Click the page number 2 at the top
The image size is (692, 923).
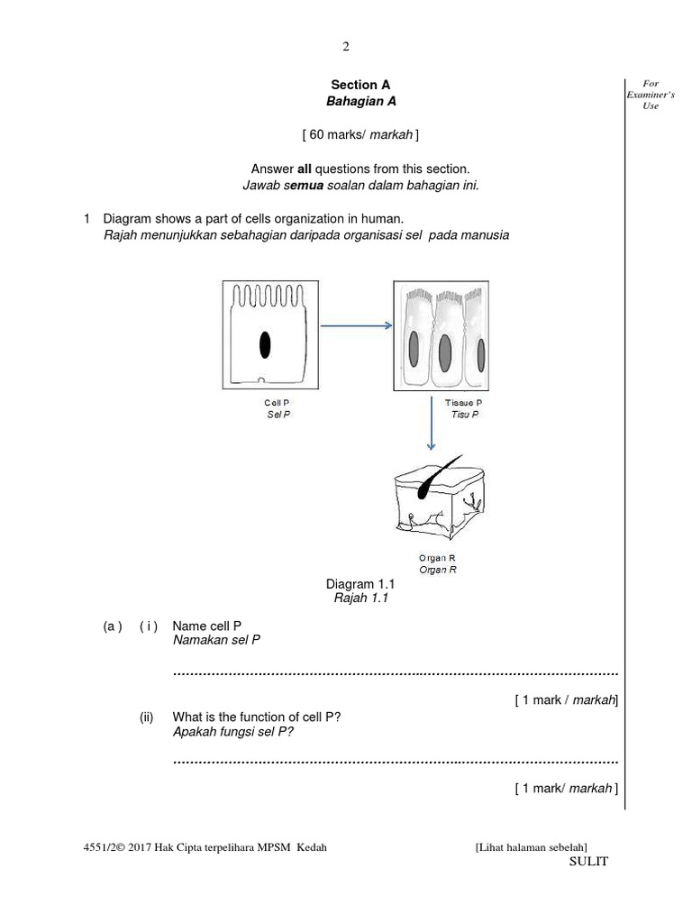click(346, 47)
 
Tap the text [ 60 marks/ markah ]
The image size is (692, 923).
click(360, 135)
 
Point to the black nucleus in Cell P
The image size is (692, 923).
click(265, 345)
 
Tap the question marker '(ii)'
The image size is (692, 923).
click(147, 717)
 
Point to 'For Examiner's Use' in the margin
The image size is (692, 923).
click(651, 95)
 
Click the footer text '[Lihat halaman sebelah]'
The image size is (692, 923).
click(531, 846)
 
